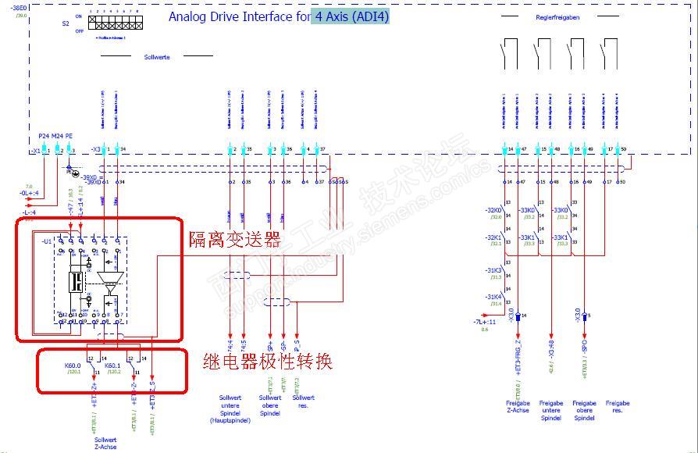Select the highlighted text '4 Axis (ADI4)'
coord(351,16)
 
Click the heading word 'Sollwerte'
coord(157,56)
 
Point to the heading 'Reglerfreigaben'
coord(557,17)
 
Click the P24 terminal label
coord(44,136)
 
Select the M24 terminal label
coord(58,136)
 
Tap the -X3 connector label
coord(95,149)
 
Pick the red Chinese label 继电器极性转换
coord(267,361)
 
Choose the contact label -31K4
coord(493,297)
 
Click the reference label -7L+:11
coord(484,322)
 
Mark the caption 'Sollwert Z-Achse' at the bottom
coord(105,443)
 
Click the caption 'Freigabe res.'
coord(617,407)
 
